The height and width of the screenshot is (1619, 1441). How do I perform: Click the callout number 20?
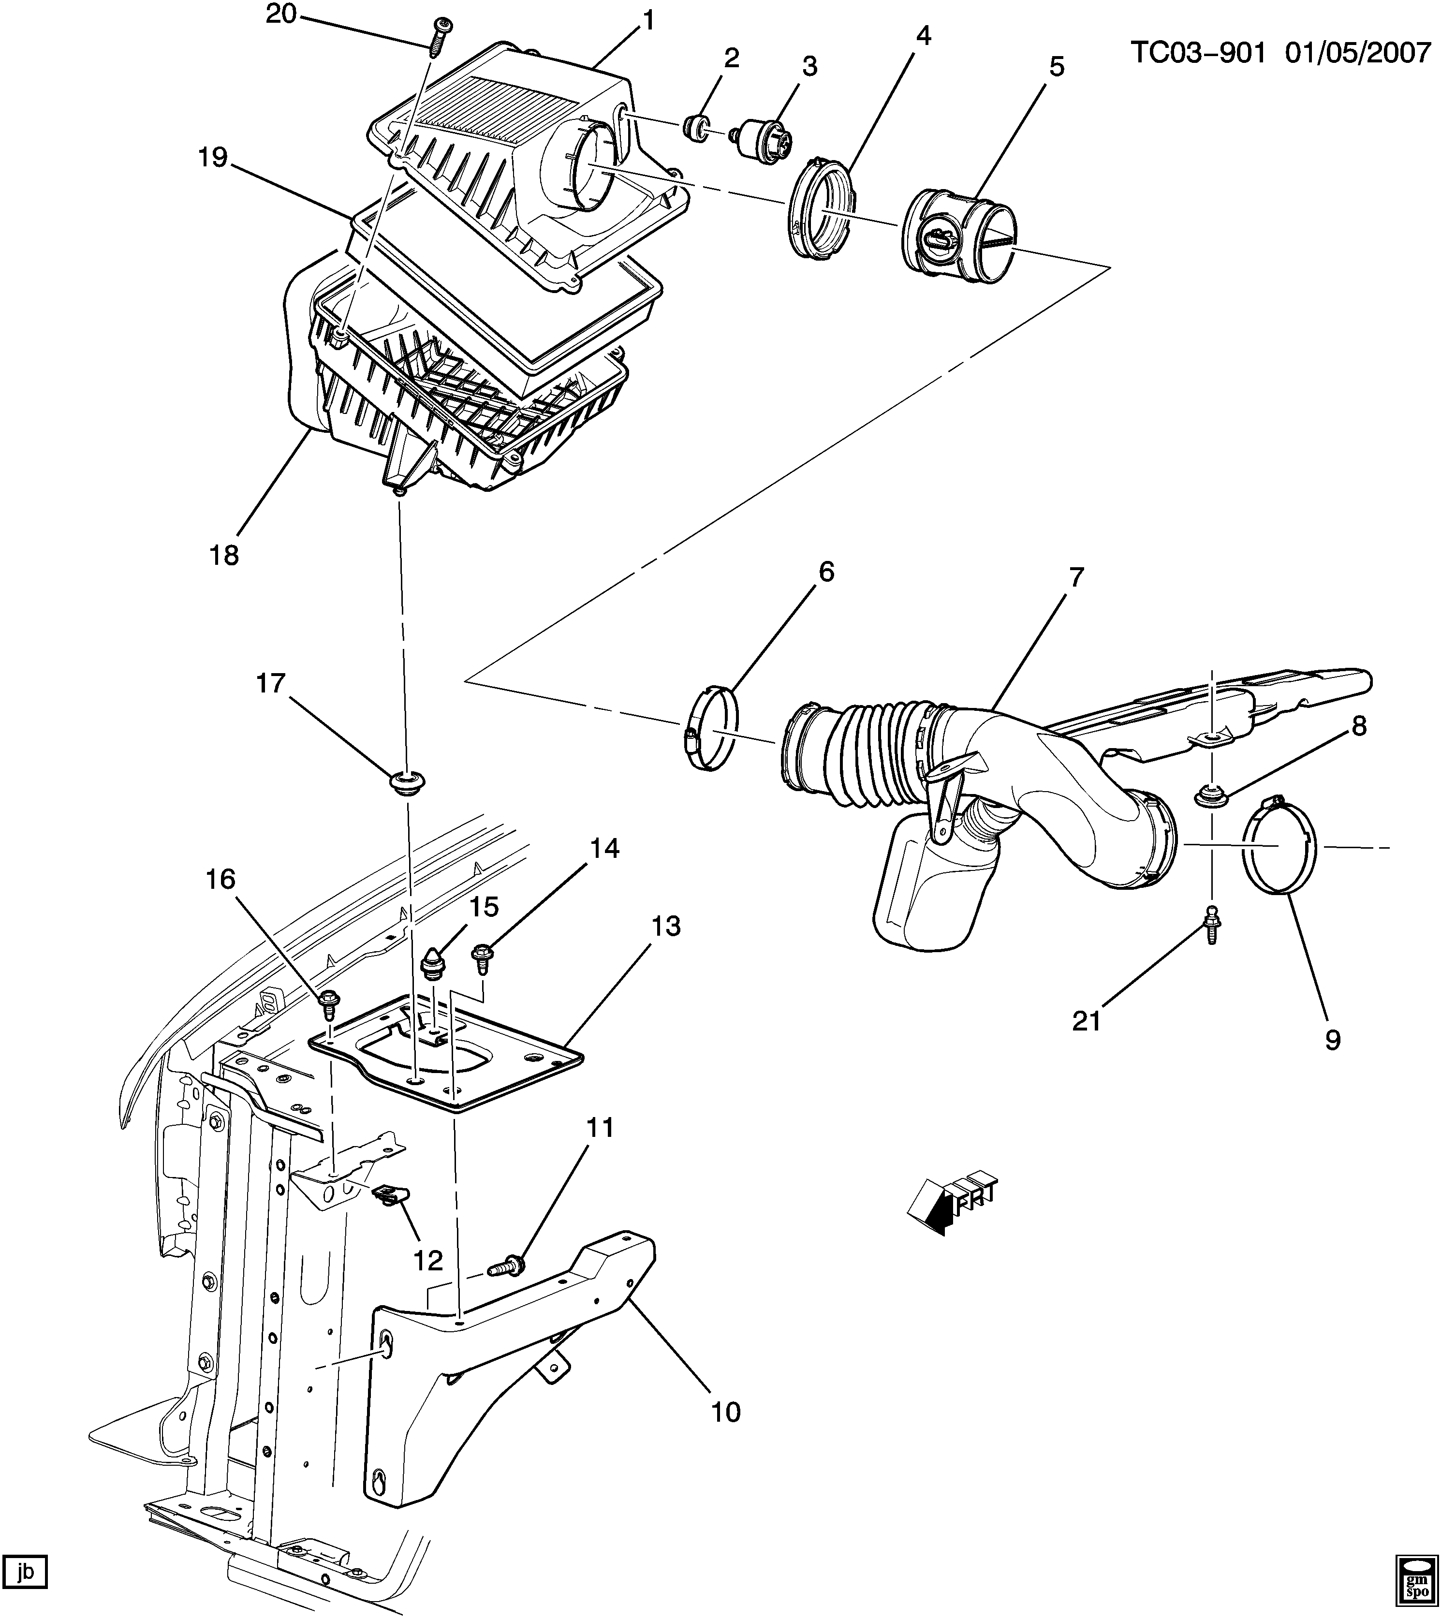[279, 15]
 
